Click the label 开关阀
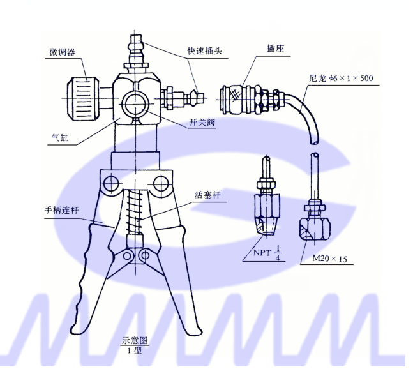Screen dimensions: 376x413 click(x=202, y=124)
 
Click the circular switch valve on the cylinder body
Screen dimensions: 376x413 click(x=135, y=102)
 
